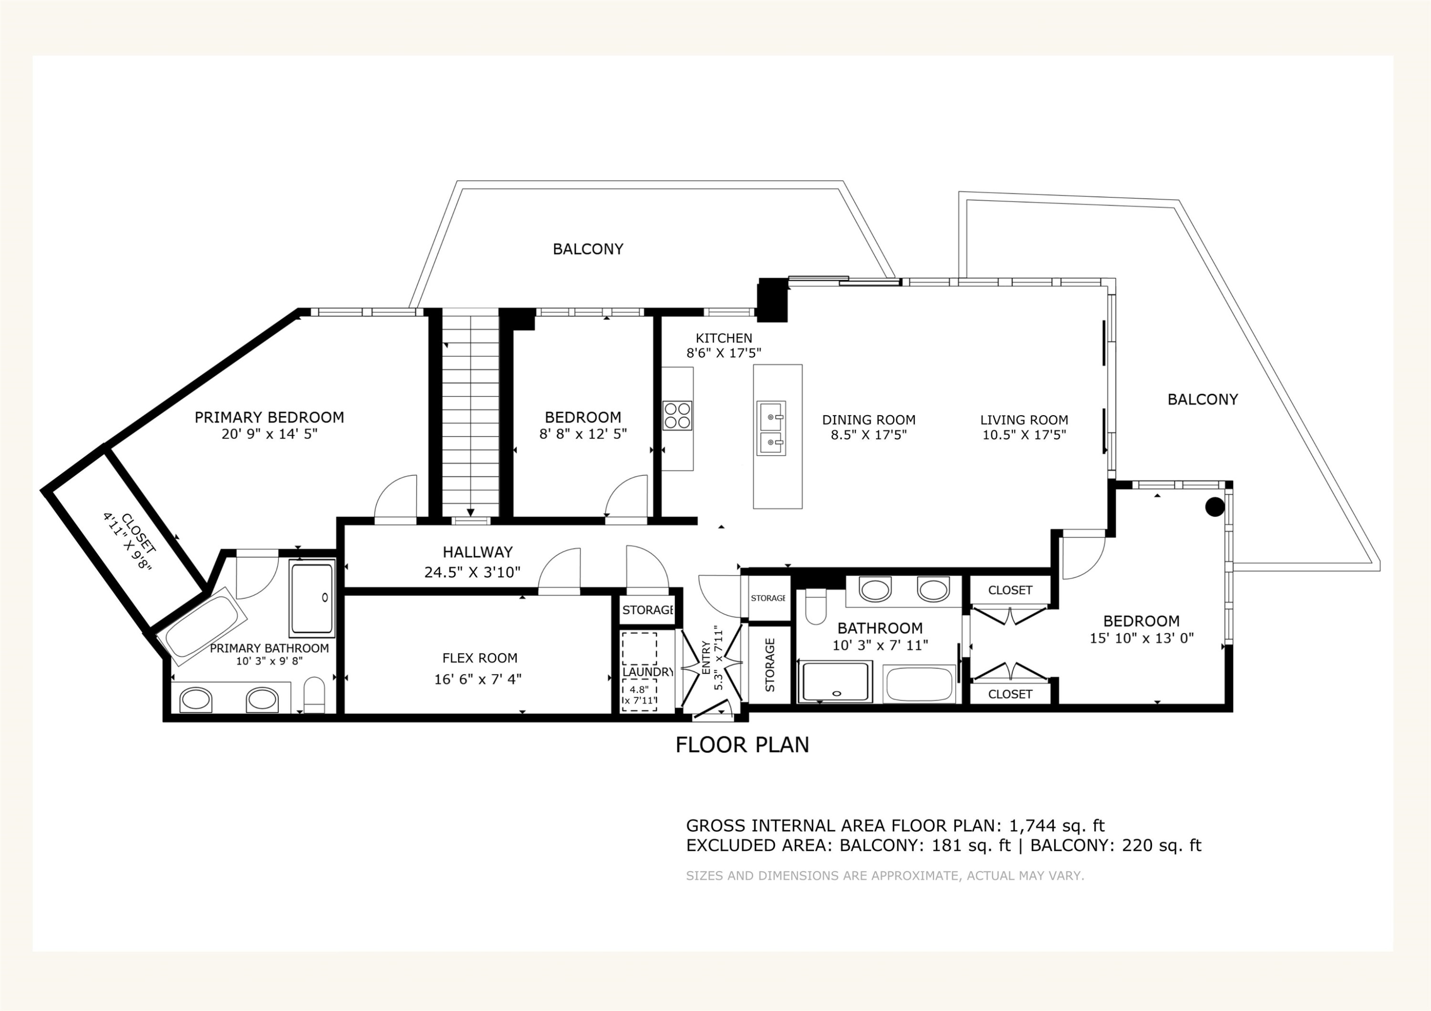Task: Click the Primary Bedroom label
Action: pos(269,418)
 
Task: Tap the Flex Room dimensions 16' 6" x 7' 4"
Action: pos(478,679)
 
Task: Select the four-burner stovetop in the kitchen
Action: pos(677,416)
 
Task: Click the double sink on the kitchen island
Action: pos(771,428)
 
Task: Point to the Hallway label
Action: pos(478,552)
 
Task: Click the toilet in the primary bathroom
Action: pos(315,694)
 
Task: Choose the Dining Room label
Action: pos(869,420)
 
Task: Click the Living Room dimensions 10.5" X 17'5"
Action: pos(1025,435)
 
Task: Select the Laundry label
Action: pos(648,672)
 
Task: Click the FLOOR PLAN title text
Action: pos(742,745)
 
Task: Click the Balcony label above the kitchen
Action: pos(588,249)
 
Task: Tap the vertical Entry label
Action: pos(706,658)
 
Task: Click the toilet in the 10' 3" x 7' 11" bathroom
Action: pos(815,607)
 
